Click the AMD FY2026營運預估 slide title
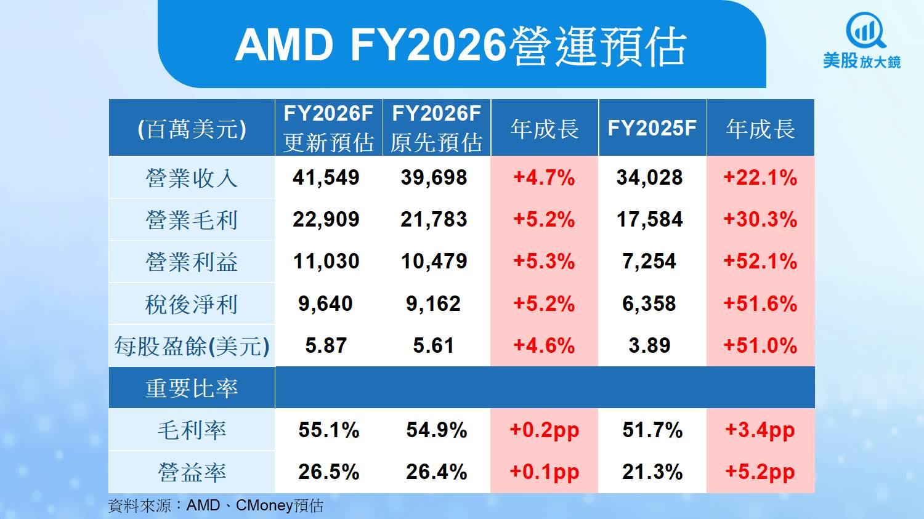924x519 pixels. [461, 46]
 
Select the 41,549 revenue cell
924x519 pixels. [326, 178]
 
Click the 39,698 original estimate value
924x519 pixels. [434, 178]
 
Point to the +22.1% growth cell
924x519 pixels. [760, 178]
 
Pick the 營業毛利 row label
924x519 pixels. [192, 220]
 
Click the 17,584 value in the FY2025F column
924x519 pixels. [650, 220]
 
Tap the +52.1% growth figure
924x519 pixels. [760, 262]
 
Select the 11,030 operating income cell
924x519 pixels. [326, 262]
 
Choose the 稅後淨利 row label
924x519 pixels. [192, 304]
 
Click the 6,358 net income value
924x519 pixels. [649, 304]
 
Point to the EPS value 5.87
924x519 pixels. [326, 346]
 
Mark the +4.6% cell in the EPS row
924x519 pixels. [544, 346]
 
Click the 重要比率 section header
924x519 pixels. [192, 388]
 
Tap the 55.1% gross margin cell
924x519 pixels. [328, 430]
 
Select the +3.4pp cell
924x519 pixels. [760, 430]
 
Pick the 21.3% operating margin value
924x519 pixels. [652, 472]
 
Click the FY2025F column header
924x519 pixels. [652, 128]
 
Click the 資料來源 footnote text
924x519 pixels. [216, 506]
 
